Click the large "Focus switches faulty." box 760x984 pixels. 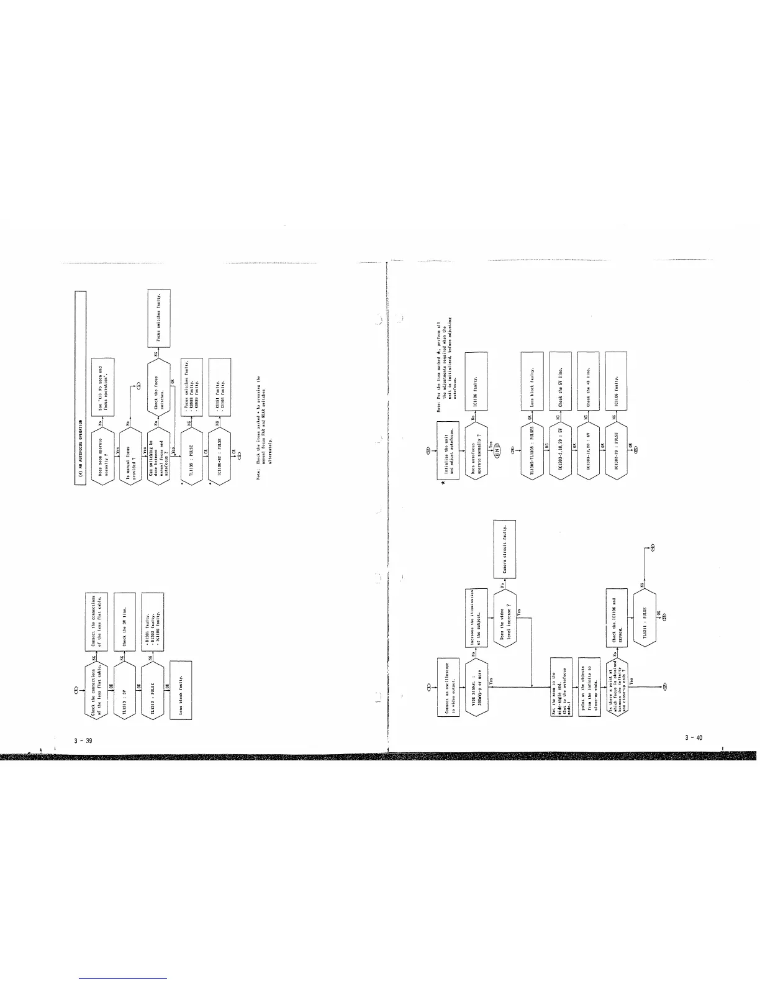click(158, 318)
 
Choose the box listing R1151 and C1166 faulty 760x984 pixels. click(220, 380)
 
